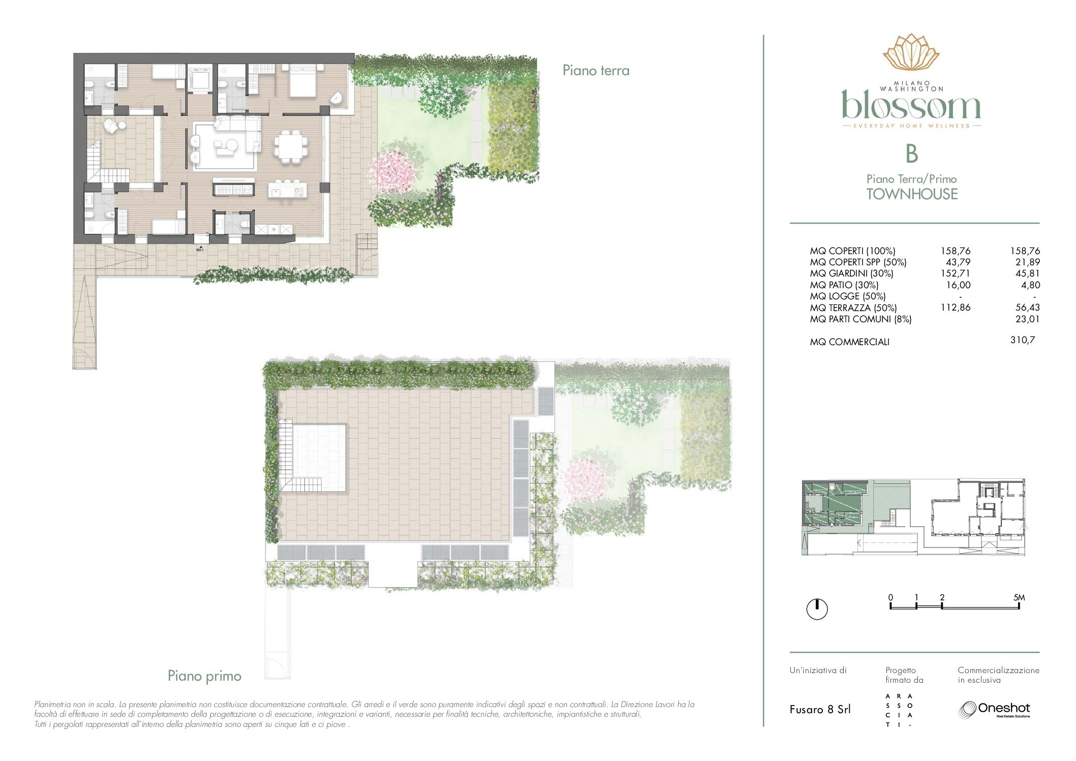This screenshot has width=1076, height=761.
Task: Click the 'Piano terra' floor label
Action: tap(596, 70)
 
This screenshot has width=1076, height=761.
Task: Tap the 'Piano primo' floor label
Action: tap(204, 676)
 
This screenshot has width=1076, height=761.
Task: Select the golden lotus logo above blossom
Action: tap(911, 52)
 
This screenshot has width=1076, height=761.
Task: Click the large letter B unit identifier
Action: tap(912, 154)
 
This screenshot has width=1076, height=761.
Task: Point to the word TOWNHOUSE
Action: tap(912, 194)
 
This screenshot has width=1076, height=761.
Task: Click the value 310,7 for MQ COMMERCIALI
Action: tap(1022, 340)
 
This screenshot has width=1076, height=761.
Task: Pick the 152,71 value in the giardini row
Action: tap(956, 273)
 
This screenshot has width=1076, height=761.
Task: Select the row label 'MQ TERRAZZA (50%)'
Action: tap(853, 308)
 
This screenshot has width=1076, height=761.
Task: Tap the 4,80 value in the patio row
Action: tap(1030, 285)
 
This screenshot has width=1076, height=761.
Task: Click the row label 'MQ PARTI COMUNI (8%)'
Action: tap(860, 319)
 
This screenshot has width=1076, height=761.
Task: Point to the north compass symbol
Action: tap(817, 609)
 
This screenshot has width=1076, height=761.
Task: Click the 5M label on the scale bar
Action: tap(1019, 598)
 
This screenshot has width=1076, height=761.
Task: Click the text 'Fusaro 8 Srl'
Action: tap(820, 710)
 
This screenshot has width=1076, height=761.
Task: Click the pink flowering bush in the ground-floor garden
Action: tap(393, 171)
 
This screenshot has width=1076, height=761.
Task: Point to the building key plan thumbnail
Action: tap(913, 517)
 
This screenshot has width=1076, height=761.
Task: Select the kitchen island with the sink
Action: tap(288, 191)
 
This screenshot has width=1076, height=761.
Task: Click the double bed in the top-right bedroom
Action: tap(304, 80)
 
